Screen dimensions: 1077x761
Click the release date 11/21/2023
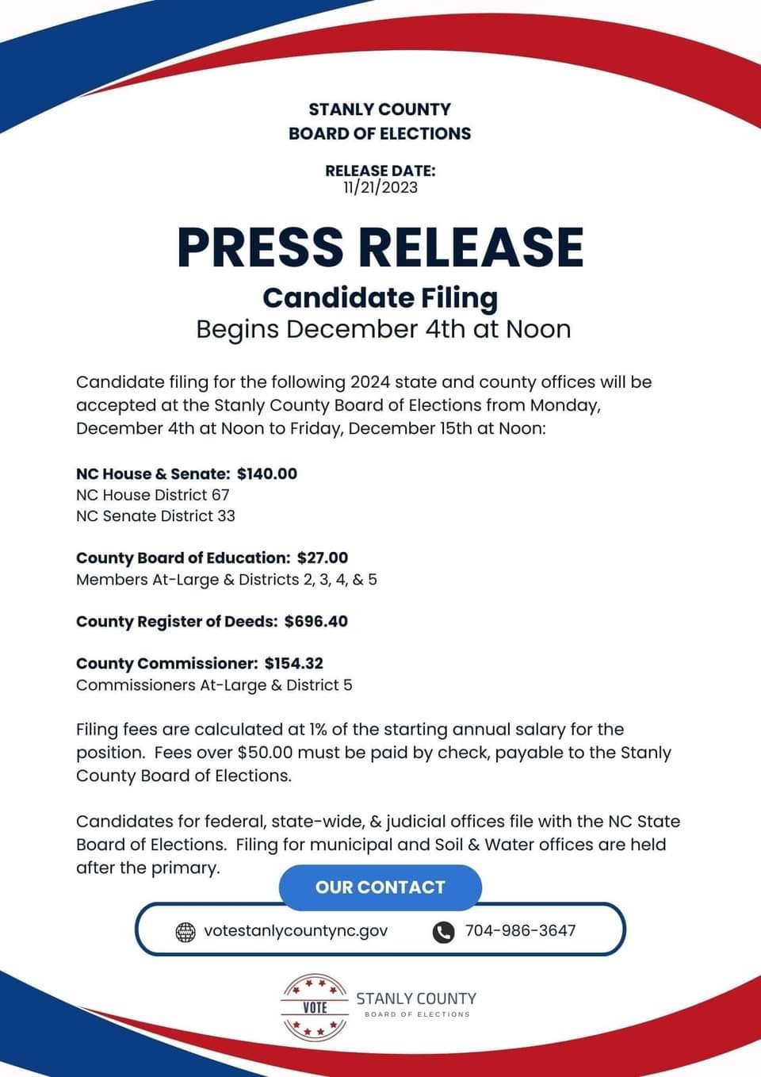380,188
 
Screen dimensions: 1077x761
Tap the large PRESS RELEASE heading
380,247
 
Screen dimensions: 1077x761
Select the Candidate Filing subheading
380,297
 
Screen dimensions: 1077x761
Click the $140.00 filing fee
267,473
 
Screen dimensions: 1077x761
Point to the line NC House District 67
153,495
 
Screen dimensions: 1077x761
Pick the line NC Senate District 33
155,516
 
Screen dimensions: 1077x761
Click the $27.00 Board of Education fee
323,558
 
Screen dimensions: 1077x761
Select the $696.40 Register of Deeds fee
316,621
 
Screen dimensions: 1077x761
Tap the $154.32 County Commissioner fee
294,663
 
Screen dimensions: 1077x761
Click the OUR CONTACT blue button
380,887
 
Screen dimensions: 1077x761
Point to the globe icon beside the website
185,932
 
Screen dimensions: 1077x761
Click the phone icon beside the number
443,932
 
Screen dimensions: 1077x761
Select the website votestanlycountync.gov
296,930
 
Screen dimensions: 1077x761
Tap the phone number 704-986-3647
520,930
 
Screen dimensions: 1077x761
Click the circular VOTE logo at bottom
315,1007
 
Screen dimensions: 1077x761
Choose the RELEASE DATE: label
380,171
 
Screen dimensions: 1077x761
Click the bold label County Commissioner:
167,663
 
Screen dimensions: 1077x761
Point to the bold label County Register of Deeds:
177,621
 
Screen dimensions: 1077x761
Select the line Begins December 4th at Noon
384,329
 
